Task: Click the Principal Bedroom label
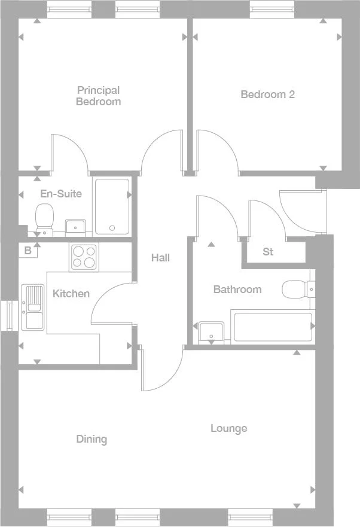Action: point(98,96)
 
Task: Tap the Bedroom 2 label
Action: point(267,94)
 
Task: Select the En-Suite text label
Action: point(61,194)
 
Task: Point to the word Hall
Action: point(160,258)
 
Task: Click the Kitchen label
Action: point(71,294)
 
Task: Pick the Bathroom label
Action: point(237,290)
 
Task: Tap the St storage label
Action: point(268,252)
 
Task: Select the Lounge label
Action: point(228,428)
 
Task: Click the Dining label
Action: point(91,439)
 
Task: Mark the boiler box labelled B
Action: point(28,251)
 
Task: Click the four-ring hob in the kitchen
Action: point(83,256)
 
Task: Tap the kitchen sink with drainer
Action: point(32,307)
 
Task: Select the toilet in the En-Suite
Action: point(44,218)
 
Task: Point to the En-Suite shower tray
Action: point(112,206)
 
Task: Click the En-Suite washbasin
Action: point(75,227)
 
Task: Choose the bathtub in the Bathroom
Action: point(273,327)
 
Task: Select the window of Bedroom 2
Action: point(268,8)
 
